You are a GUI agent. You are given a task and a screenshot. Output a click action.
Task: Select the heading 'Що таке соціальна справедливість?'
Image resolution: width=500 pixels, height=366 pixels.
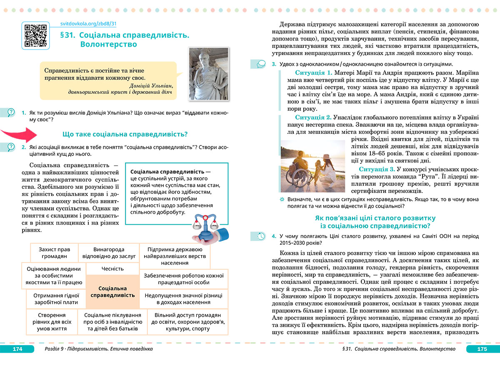[x=125, y=134]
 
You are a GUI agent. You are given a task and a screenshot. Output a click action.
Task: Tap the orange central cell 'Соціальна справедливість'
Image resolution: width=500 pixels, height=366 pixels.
[x=112, y=291]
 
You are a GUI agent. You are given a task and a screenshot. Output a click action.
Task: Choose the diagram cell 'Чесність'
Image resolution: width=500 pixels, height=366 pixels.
[x=112, y=269]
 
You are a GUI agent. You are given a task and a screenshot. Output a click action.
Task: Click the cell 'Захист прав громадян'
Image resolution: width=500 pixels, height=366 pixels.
[x=54, y=253]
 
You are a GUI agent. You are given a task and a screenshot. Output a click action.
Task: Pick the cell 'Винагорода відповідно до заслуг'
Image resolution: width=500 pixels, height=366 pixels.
[x=109, y=253]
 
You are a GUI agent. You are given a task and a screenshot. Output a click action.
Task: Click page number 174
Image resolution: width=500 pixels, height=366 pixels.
[x=17, y=349]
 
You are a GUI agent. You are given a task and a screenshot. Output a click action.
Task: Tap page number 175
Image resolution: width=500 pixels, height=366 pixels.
[x=482, y=349]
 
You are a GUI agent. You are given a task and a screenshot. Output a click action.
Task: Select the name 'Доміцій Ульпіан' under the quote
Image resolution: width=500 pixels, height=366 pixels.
[x=148, y=85]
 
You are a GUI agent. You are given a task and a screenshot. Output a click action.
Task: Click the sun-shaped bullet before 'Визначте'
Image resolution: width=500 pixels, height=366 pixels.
[x=282, y=199]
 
